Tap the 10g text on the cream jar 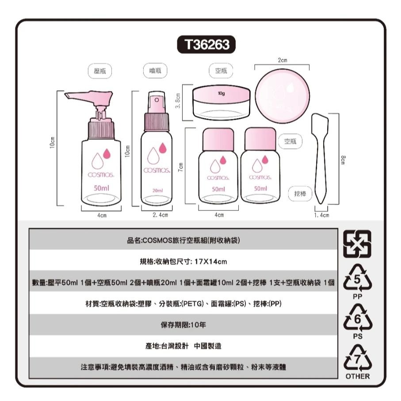point(222,94)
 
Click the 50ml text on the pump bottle point(102,188)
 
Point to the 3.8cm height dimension point(176,102)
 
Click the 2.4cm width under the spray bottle point(159,215)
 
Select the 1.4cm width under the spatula point(321,215)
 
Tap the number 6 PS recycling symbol point(358,320)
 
